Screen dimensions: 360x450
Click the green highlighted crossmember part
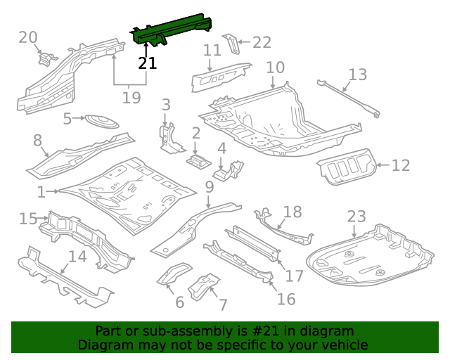click(x=172, y=30)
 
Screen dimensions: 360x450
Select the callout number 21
click(x=147, y=63)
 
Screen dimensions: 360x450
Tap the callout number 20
click(x=28, y=37)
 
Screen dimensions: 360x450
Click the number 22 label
click(x=261, y=43)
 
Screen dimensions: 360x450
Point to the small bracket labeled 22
click(x=231, y=44)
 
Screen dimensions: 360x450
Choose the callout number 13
click(x=357, y=74)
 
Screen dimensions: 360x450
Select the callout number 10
click(x=275, y=67)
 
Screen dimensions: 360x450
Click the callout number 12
click(x=400, y=166)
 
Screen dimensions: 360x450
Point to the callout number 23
click(x=356, y=217)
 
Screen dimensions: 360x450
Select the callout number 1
click(x=41, y=192)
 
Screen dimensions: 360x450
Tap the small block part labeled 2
click(x=198, y=160)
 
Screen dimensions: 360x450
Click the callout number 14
click(x=77, y=257)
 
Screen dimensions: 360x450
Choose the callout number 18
click(x=292, y=212)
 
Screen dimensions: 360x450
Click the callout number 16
click(x=285, y=300)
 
